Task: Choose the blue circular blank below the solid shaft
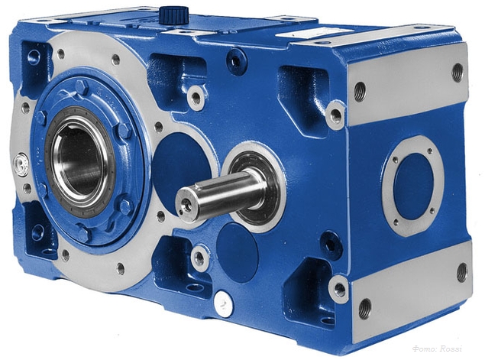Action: pos(236,251)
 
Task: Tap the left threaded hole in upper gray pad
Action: pos(360,92)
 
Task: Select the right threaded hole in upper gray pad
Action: pos(458,72)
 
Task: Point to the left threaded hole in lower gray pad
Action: pos(364,309)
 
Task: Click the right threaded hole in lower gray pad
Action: pos(462,271)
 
